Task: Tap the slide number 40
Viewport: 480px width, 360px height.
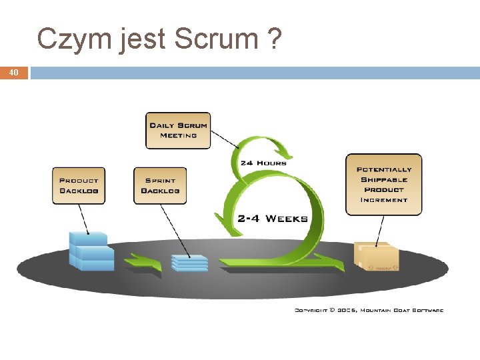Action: (14, 73)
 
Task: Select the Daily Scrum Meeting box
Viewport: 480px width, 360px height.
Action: (178, 130)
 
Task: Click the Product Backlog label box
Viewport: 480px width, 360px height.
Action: (79, 185)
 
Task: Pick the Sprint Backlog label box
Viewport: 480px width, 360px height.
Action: (160, 185)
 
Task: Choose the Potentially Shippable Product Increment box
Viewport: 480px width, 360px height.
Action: (383, 185)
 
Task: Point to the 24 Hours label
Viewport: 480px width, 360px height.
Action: (263, 163)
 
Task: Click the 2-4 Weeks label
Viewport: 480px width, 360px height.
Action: (273, 218)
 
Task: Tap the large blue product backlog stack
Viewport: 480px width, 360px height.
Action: (91, 251)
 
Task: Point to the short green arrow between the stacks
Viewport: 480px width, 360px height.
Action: (145, 263)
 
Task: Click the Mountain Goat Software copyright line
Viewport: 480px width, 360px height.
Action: (369, 310)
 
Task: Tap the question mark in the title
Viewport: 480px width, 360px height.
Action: (273, 39)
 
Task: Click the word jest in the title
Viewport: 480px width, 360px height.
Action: (144, 39)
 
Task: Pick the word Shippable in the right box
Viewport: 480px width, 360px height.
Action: (383, 179)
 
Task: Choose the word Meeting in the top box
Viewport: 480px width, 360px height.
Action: (178, 135)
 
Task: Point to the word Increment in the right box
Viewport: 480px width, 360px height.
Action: (383, 199)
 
